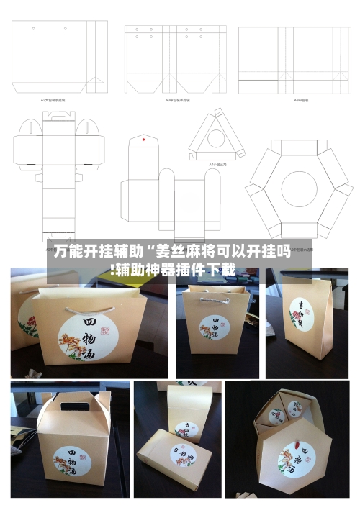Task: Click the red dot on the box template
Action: click(x=144, y=138)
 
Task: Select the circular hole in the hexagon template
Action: click(x=299, y=188)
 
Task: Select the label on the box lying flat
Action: click(x=184, y=455)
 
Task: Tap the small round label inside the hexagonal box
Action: click(x=276, y=414)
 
